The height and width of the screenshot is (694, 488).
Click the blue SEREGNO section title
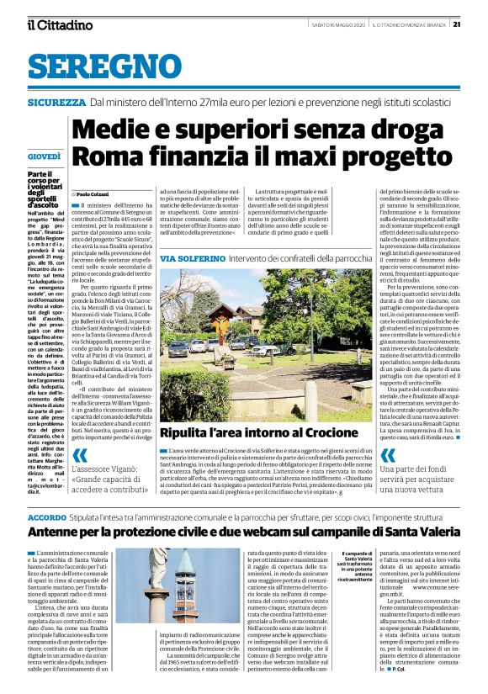tap(92, 66)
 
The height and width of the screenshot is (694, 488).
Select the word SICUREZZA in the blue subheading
tap(56, 102)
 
